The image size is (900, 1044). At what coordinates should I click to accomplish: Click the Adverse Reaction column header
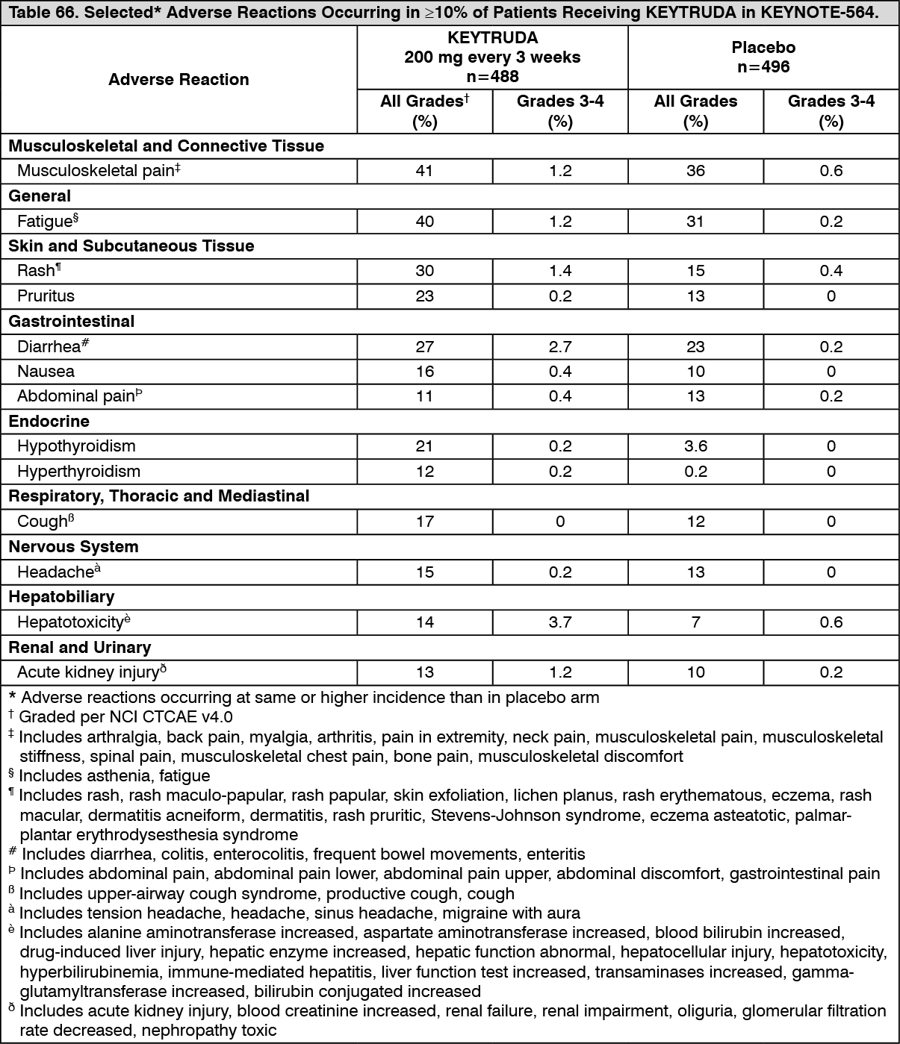(x=179, y=80)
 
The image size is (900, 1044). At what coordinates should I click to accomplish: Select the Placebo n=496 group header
(x=763, y=57)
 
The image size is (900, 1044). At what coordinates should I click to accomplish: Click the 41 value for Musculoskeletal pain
(x=424, y=171)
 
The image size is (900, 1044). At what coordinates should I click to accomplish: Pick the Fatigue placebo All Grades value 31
(x=695, y=222)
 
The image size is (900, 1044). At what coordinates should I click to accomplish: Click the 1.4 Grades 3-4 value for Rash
(x=560, y=271)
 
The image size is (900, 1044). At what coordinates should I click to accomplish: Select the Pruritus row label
(x=46, y=296)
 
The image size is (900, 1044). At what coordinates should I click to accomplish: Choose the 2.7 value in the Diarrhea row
(x=560, y=347)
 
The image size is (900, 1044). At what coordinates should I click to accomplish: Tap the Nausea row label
(x=46, y=372)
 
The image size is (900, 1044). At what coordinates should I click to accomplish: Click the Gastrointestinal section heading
(x=72, y=322)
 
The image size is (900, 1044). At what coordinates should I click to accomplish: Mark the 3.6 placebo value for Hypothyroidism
(x=695, y=446)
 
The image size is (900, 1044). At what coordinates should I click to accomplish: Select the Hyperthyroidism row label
(x=78, y=472)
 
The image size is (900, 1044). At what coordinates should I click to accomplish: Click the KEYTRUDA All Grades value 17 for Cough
(x=424, y=522)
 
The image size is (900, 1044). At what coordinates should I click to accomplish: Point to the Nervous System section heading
(x=73, y=547)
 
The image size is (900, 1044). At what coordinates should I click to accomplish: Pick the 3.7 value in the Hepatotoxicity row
(x=560, y=622)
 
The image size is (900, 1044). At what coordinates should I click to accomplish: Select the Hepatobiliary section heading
(x=61, y=597)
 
